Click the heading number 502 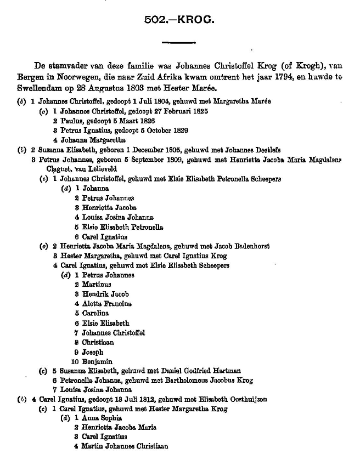tap(155, 20)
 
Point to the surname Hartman tap(223, 371)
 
